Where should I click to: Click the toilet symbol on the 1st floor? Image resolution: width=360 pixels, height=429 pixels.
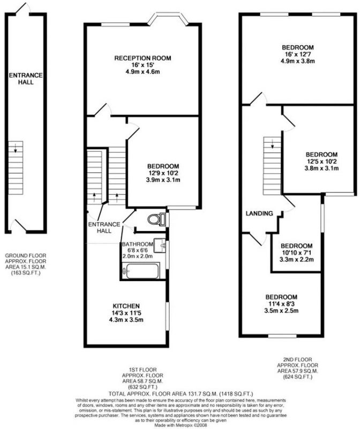tap(156, 219)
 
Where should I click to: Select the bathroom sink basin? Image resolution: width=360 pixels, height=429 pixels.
tap(160, 246)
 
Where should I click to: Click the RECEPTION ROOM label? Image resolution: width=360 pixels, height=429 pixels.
tap(142, 58)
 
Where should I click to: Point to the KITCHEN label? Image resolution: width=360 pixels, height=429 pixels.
tap(126, 306)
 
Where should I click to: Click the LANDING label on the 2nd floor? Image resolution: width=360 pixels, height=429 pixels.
tap(259, 213)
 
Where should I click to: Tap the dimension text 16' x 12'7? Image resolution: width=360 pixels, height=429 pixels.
tap(298, 54)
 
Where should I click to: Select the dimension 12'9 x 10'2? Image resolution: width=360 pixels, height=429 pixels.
tap(163, 173)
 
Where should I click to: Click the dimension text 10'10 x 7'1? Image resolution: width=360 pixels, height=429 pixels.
tap(297, 253)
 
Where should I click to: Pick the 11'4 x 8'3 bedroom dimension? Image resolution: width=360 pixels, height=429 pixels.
tap(281, 304)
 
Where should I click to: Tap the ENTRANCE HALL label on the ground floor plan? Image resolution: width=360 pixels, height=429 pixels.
tap(26, 78)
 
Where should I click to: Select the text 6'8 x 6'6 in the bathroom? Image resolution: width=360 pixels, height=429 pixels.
tap(137, 250)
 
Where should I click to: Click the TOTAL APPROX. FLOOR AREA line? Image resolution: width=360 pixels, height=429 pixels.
tap(181, 394)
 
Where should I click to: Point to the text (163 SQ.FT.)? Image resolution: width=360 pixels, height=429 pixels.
tap(26, 273)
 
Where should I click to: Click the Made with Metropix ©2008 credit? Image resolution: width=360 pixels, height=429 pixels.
tap(181, 425)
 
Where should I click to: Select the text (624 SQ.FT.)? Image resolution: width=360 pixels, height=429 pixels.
tap(297, 377)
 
